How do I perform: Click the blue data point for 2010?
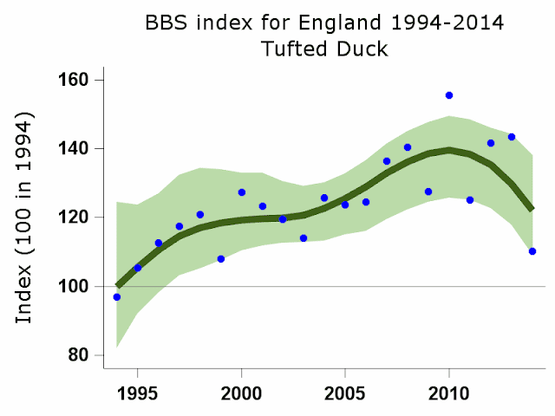(x=449, y=95)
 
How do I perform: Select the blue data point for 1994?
(x=117, y=297)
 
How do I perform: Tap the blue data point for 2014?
(x=532, y=251)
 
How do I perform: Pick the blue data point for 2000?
(x=242, y=192)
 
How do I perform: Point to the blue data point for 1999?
(x=221, y=259)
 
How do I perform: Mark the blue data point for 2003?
(x=304, y=238)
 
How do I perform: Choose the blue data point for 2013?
(x=512, y=137)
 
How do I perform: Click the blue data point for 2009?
(x=428, y=192)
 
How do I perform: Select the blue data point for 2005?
(x=345, y=205)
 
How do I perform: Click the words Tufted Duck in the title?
(x=323, y=49)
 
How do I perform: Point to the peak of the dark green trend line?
(x=449, y=150)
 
